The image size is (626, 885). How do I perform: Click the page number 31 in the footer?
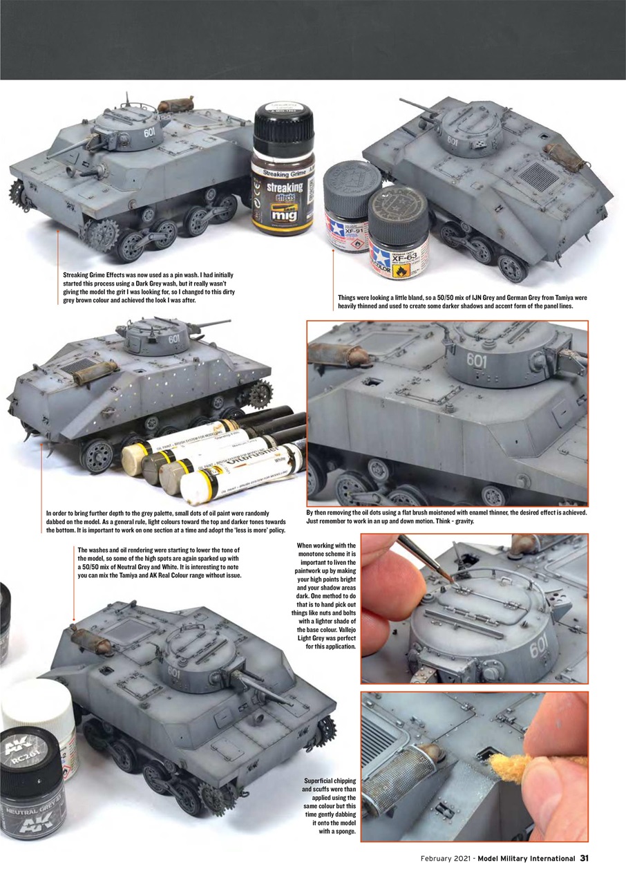[584, 858]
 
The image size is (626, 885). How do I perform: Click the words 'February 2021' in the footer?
[446, 859]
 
